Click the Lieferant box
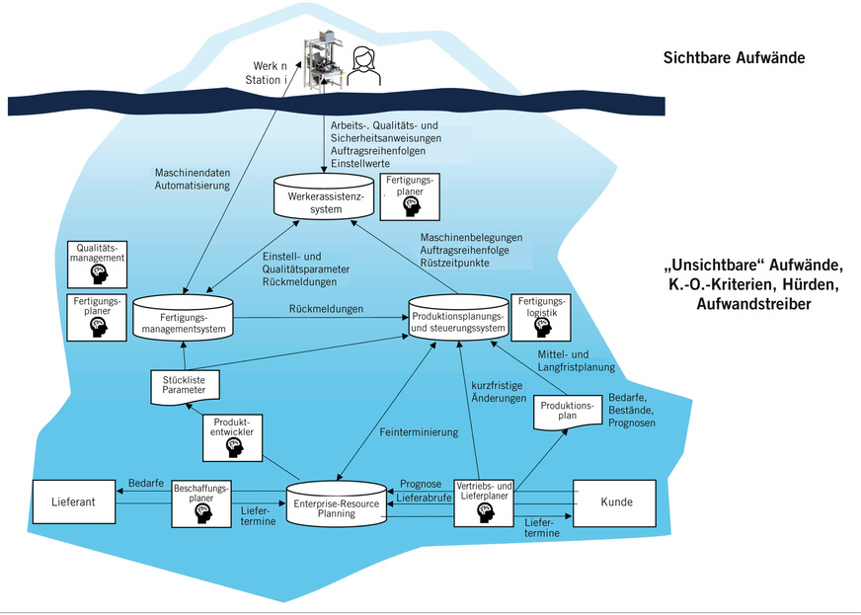pyautogui.click(x=75, y=502)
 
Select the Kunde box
pyautogui.click(x=616, y=502)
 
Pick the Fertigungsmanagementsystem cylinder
pyautogui.click(x=184, y=316)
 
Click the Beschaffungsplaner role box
pyautogui.click(x=201, y=501)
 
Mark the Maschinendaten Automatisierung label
pyautogui.click(x=193, y=178)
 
